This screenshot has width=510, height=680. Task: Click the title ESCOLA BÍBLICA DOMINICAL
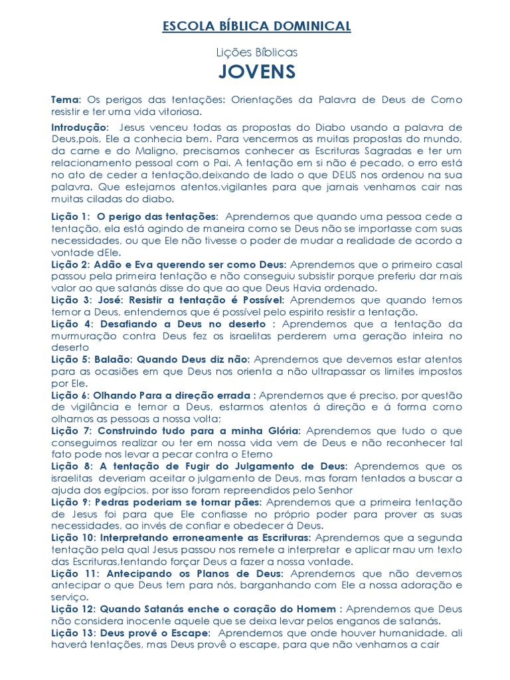[256, 27]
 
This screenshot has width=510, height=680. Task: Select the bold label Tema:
[66, 99]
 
